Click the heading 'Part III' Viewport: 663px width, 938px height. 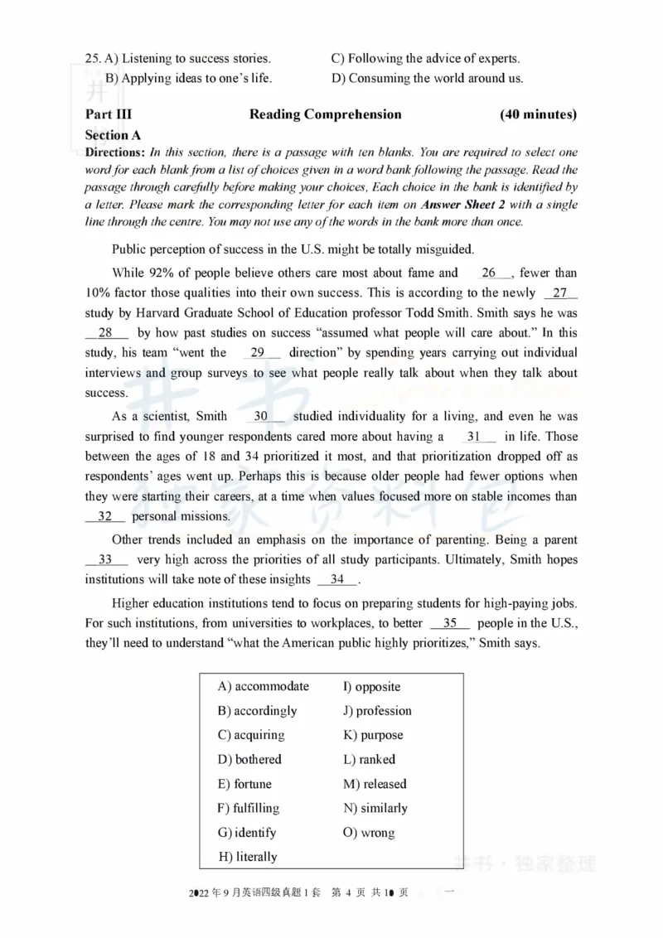pos(108,114)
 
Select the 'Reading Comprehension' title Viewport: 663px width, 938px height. pos(325,114)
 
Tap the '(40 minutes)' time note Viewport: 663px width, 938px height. pos(538,114)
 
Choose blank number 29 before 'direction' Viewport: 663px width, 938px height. pos(258,352)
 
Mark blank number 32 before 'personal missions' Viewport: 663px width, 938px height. pos(105,515)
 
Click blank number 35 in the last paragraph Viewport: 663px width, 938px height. pos(450,623)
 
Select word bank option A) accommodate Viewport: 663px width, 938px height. pos(263,686)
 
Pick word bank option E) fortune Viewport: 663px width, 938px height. pos(244,784)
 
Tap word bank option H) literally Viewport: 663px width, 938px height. pos(248,857)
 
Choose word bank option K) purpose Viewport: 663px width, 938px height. pos(373,735)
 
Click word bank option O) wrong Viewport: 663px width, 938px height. pos(369,833)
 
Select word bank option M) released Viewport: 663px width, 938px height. pos(375,784)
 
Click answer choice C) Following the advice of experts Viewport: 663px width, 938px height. pos(425,59)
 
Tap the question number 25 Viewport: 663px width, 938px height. pos(92,59)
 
